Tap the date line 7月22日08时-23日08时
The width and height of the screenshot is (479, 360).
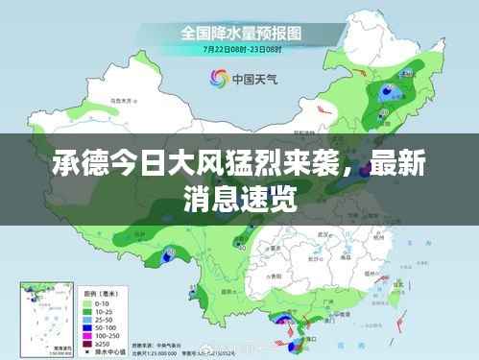239,48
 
